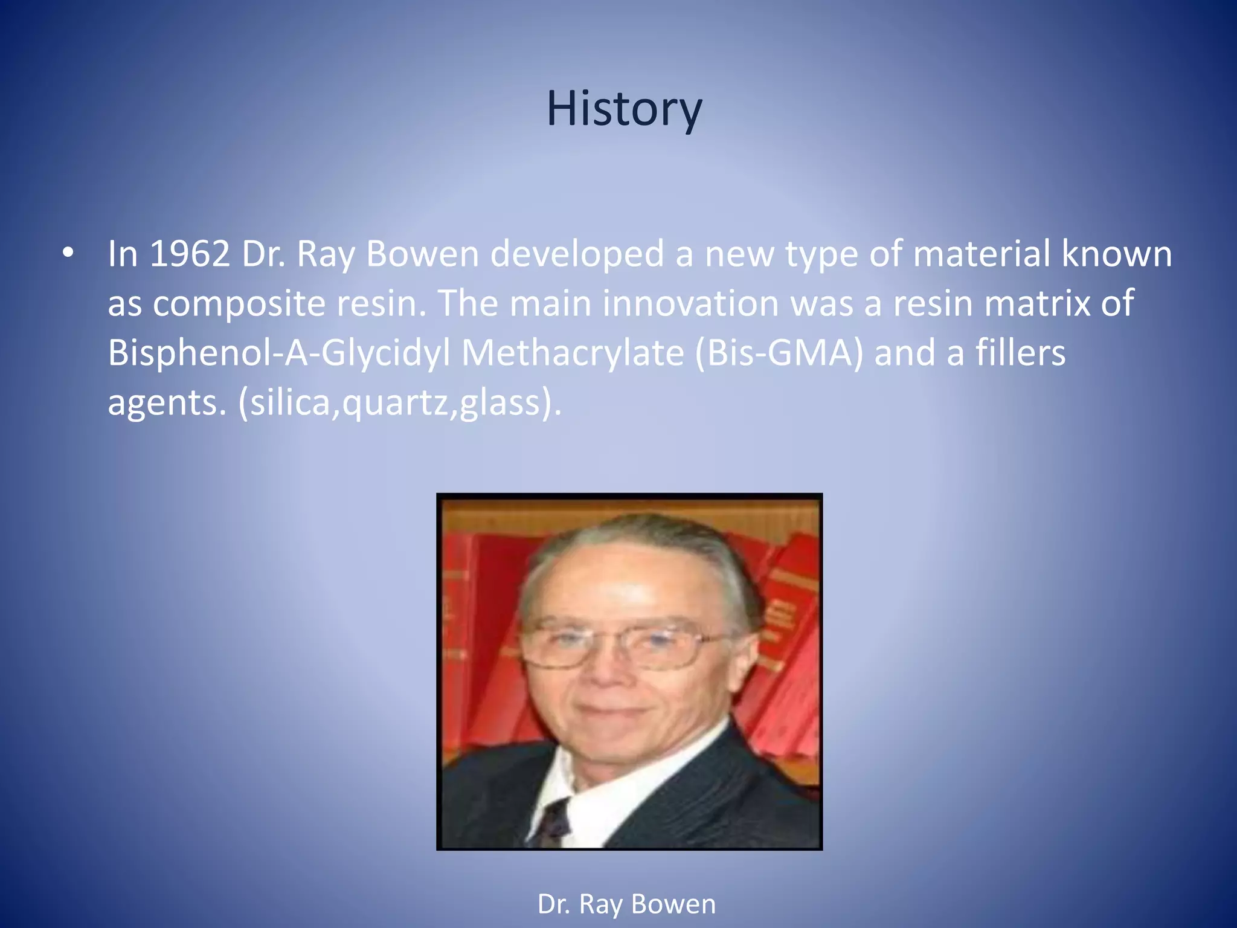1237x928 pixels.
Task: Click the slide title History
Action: [x=625, y=109]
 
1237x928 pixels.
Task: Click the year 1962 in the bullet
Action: [x=189, y=254]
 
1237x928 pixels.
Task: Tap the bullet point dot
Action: [x=68, y=254]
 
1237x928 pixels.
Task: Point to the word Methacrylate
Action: [x=573, y=353]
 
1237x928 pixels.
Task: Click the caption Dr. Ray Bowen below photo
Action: [x=626, y=904]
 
